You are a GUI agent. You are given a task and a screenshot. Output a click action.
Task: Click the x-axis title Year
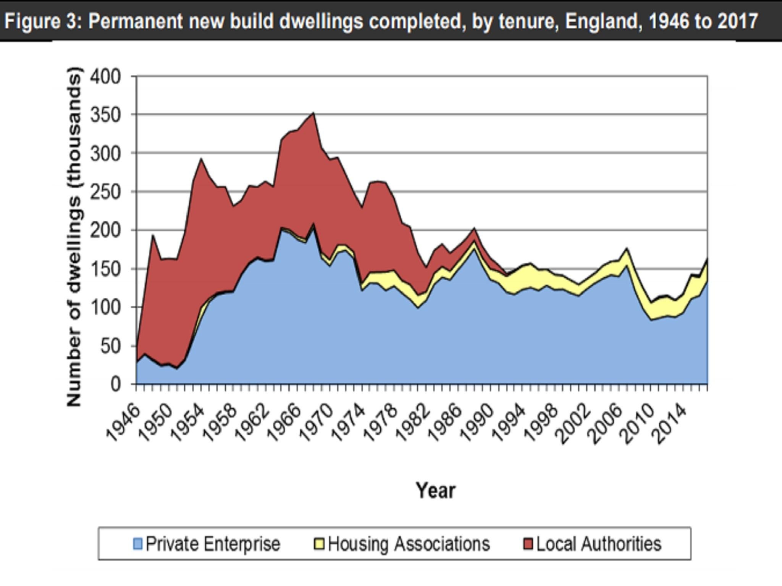pyautogui.click(x=435, y=491)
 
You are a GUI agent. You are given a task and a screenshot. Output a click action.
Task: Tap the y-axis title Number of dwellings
pyautogui.click(x=74, y=237)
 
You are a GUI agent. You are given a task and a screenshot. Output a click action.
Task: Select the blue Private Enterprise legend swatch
pyautogui.click(x=137, y=544)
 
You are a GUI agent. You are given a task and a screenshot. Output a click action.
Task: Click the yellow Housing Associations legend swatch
pyautogui.click(x=319, y=544)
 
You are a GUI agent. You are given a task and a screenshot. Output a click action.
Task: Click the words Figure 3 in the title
pyautogui.click(x=42, y=21)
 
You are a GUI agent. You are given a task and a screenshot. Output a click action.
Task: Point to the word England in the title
pyautogui.click(x=601, y=21)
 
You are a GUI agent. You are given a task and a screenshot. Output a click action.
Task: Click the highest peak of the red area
pyautogui.click(x=313, y=114)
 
